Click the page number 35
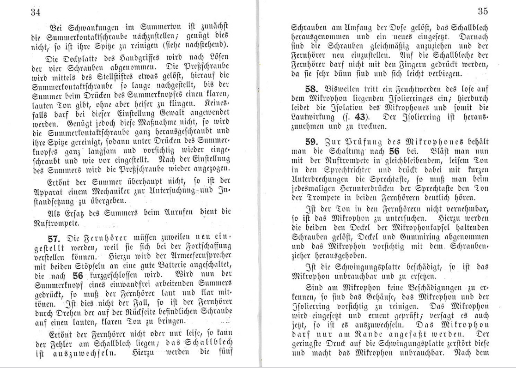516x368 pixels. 483,12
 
